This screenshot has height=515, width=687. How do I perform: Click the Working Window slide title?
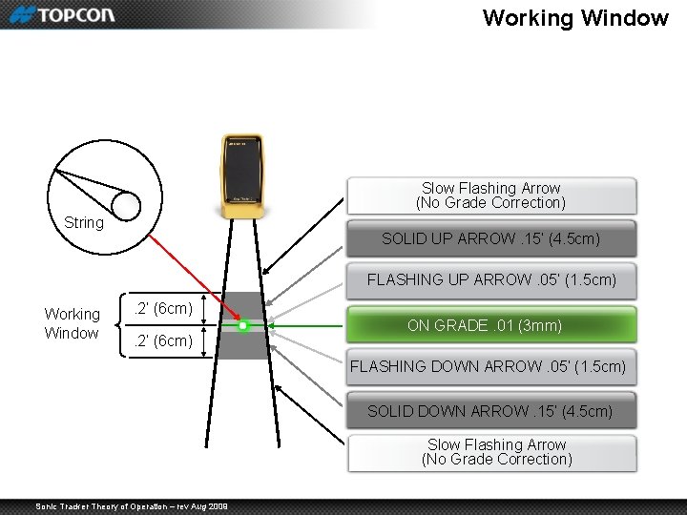pos(574,17)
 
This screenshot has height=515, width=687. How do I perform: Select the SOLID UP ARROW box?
pos(490,238)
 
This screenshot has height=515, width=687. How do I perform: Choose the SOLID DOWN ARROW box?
pos(490,411)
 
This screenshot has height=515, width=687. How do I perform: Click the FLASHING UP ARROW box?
pos(490,280)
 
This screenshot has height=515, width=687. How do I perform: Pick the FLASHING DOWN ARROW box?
pos(489,366)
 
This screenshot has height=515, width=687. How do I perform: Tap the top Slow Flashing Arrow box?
pos(490,196)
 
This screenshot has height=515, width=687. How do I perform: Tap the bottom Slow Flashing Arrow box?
pos(496,452)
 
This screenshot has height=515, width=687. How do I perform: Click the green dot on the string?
pos(243,326)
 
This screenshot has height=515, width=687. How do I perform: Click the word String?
pos(84,222)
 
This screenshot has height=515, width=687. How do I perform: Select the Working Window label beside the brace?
pos(72,323)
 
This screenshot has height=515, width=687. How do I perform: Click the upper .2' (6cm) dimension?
pos(163,308)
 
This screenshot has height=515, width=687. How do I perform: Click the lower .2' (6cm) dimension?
pos(163,340)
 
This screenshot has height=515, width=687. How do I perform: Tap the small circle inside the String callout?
pos(125,205)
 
